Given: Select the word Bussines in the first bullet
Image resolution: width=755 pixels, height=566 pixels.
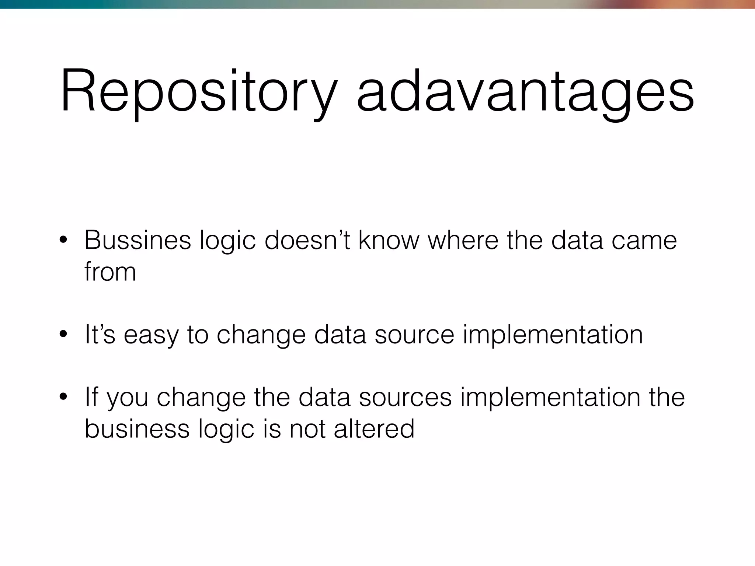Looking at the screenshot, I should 138,240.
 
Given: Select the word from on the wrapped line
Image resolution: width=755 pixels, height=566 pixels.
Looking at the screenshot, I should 110,272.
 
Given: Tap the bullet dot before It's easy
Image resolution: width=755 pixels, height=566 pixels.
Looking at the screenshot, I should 63,335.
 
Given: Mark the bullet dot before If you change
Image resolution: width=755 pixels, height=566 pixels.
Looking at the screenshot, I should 63,397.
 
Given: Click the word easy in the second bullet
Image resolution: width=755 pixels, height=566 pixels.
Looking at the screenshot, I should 150,335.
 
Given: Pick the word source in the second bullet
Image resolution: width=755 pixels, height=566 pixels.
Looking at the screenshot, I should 414,335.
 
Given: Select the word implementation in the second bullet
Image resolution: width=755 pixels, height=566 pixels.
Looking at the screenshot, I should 553,334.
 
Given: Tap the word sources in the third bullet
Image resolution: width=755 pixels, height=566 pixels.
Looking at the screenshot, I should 405,397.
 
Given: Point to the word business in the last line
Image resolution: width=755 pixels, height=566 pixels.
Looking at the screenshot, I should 137,428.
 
